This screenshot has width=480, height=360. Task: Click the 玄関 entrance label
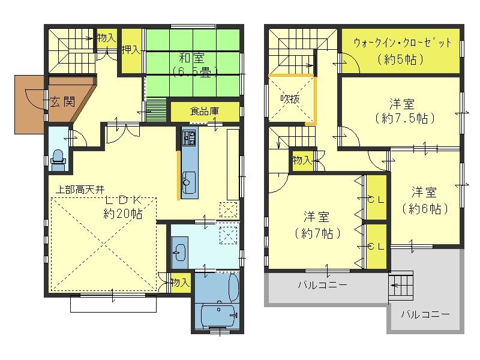[x=61, y=101]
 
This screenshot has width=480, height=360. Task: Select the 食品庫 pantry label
[x=205, y=111]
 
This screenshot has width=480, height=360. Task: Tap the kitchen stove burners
[x=188, y=140]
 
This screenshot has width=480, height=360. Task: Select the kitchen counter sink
[x=188, y=179]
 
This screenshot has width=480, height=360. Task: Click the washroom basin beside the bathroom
[x=179, y=252]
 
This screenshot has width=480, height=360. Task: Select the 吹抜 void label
[x=290, y=99]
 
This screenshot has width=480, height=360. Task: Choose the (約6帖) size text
[x=424, y=209]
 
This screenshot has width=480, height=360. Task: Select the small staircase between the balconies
[x=401, y=286]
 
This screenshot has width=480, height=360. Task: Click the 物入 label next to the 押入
[x=106, y=38]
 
